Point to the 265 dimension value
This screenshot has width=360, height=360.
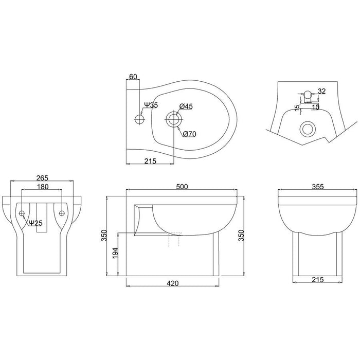pyautogui.click(x=43, y=178)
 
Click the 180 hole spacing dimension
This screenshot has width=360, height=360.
pyautogui.click(x=43, y=187)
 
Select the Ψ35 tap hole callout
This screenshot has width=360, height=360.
pyautogui.click(x=151, y=105)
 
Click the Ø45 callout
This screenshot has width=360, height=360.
pyautogui.click(x=186, y=106)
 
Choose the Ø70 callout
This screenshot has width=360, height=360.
pyautogui.click(x=190, y=134)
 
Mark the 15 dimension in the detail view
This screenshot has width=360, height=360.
pyautogui.click(x=297, y=107)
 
